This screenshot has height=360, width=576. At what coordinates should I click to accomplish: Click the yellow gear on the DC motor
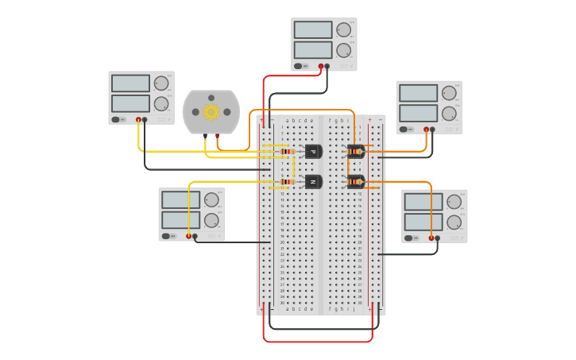pos(211,112)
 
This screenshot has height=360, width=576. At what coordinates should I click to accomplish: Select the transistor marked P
pos(313,151)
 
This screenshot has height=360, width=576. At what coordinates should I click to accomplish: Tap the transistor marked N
pos(313,182)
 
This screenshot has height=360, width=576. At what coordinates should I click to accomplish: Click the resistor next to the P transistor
pos(288,151)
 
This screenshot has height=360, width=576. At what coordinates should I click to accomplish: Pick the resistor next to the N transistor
pos(288,182)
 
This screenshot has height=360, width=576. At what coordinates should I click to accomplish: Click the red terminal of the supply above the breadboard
pos(321,67)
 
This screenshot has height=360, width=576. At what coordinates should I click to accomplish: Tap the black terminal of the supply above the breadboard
pos(327,67)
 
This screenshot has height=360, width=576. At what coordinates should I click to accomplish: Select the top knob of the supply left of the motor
pos(161,83)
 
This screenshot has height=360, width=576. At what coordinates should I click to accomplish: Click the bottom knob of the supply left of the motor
pos(161,103)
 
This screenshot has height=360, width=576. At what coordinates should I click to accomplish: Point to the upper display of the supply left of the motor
pos(130,83)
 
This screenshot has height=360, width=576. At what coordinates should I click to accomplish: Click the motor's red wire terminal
pos(217,136)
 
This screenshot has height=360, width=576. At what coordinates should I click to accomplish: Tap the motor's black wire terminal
pos(206,136)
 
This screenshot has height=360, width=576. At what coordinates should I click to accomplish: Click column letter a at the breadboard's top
pos(288,120)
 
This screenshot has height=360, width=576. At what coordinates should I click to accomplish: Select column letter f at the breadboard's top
pos(330,120)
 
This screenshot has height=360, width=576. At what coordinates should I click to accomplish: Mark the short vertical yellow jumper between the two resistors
pos(294,166)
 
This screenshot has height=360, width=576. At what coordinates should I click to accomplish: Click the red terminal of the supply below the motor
pos(189,236)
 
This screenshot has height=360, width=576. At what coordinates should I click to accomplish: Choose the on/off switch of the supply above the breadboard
pos(299,67)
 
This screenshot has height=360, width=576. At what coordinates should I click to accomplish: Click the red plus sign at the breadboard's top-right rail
pos(369,120)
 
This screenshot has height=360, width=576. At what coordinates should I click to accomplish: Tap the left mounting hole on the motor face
pos(195,112)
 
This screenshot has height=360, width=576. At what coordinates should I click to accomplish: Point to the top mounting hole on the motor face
pos(211,98)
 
